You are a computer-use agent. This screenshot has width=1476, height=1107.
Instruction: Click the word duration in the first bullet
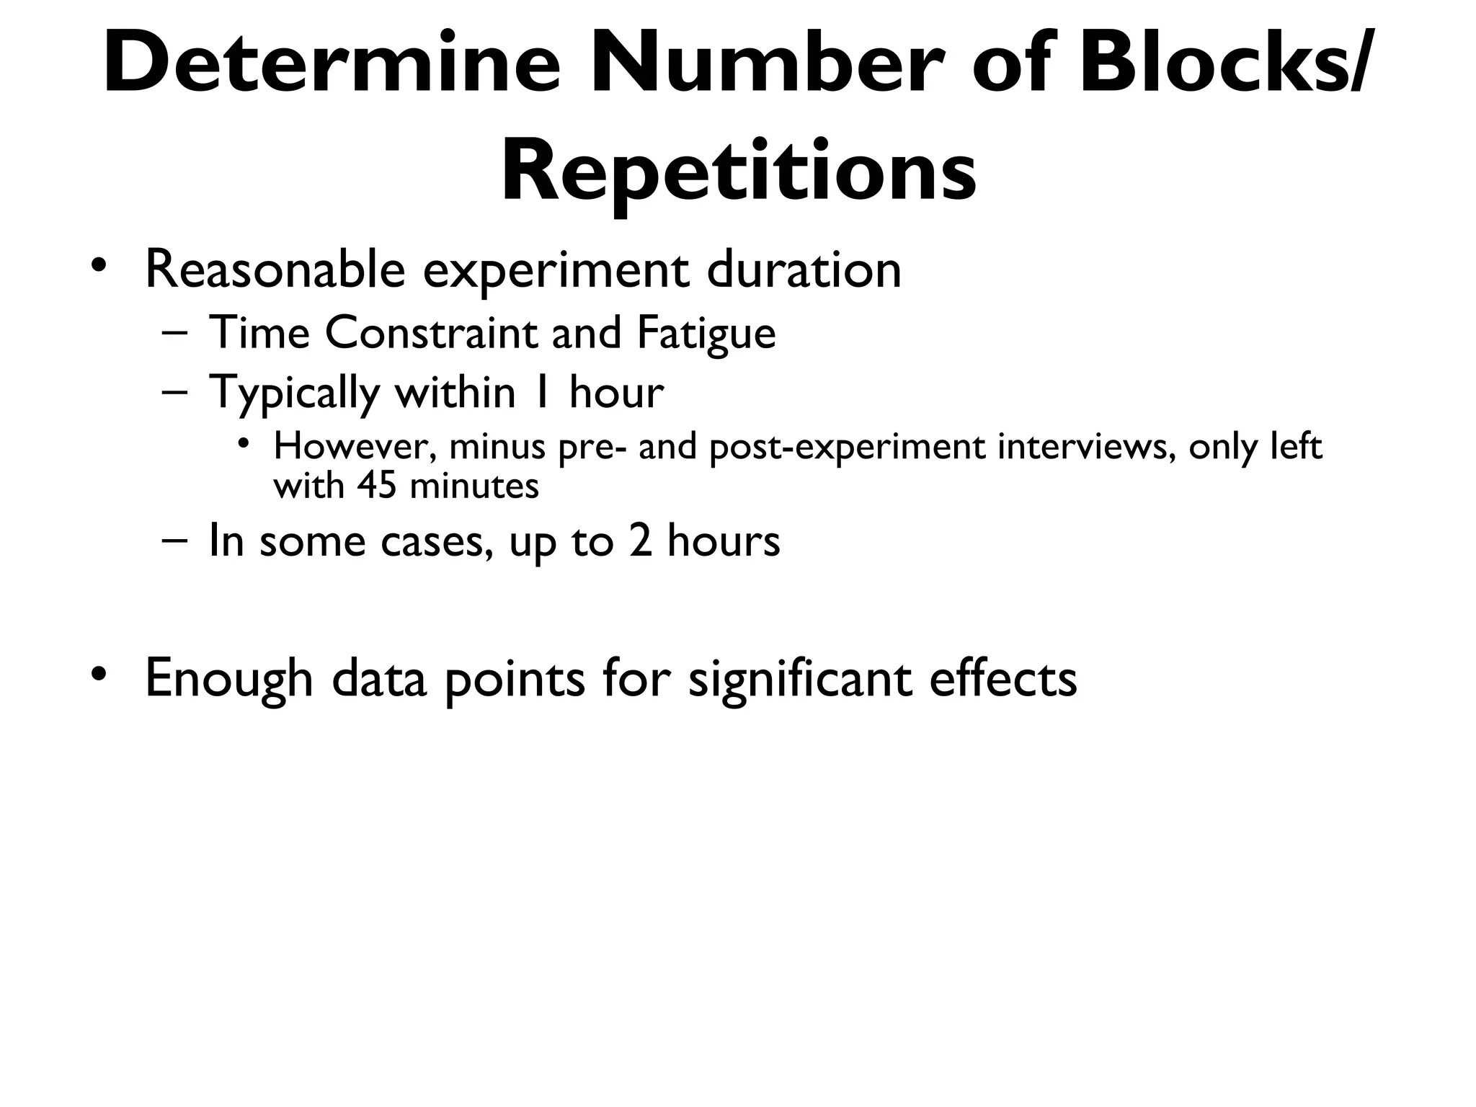(x=804, y=270)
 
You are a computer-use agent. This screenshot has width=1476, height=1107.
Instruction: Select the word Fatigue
(x=706, y=334)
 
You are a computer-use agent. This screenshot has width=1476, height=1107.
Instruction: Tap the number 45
(x=377, y=486)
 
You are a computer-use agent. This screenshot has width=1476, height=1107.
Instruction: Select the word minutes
(x=474, y=486)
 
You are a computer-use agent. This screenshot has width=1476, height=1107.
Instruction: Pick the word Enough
(x=228, y=679)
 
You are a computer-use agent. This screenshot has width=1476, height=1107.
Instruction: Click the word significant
(x=800, y=679)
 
